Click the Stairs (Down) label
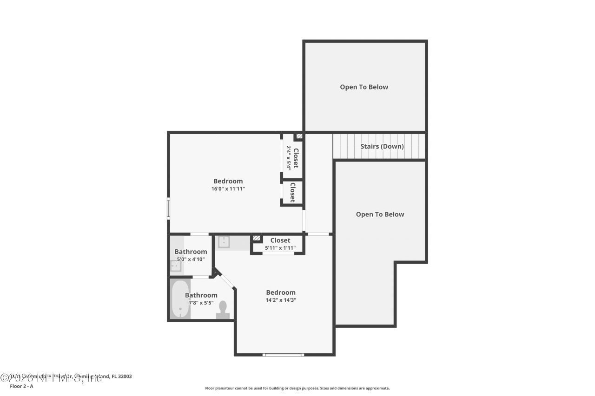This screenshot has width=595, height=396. [x=382, y=146]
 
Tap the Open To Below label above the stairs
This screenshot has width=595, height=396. [x=364, y=87]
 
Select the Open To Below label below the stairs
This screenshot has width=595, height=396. [x=380, y=214]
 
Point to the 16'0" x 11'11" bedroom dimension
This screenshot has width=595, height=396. [x=228, y=189]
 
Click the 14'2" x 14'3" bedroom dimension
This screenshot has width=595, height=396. [x=281, y=300]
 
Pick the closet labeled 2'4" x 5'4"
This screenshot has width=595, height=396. [x=292, y=157]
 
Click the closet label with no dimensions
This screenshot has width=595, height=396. [x=292, y=192]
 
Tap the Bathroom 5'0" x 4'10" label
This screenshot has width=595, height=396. [x=191, y=255]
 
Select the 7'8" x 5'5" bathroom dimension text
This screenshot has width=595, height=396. [x=201, y=303]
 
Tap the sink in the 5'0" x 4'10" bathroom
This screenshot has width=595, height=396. [x=176, y=266]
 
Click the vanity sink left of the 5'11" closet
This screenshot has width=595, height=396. [x=225, y=242]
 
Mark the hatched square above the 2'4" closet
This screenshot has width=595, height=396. [x=299, y=137]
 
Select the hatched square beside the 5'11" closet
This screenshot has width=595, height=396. [x=256, y=238]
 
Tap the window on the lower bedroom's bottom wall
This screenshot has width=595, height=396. [x=283, y=355]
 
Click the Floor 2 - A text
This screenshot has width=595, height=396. [x=21, y=386]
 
